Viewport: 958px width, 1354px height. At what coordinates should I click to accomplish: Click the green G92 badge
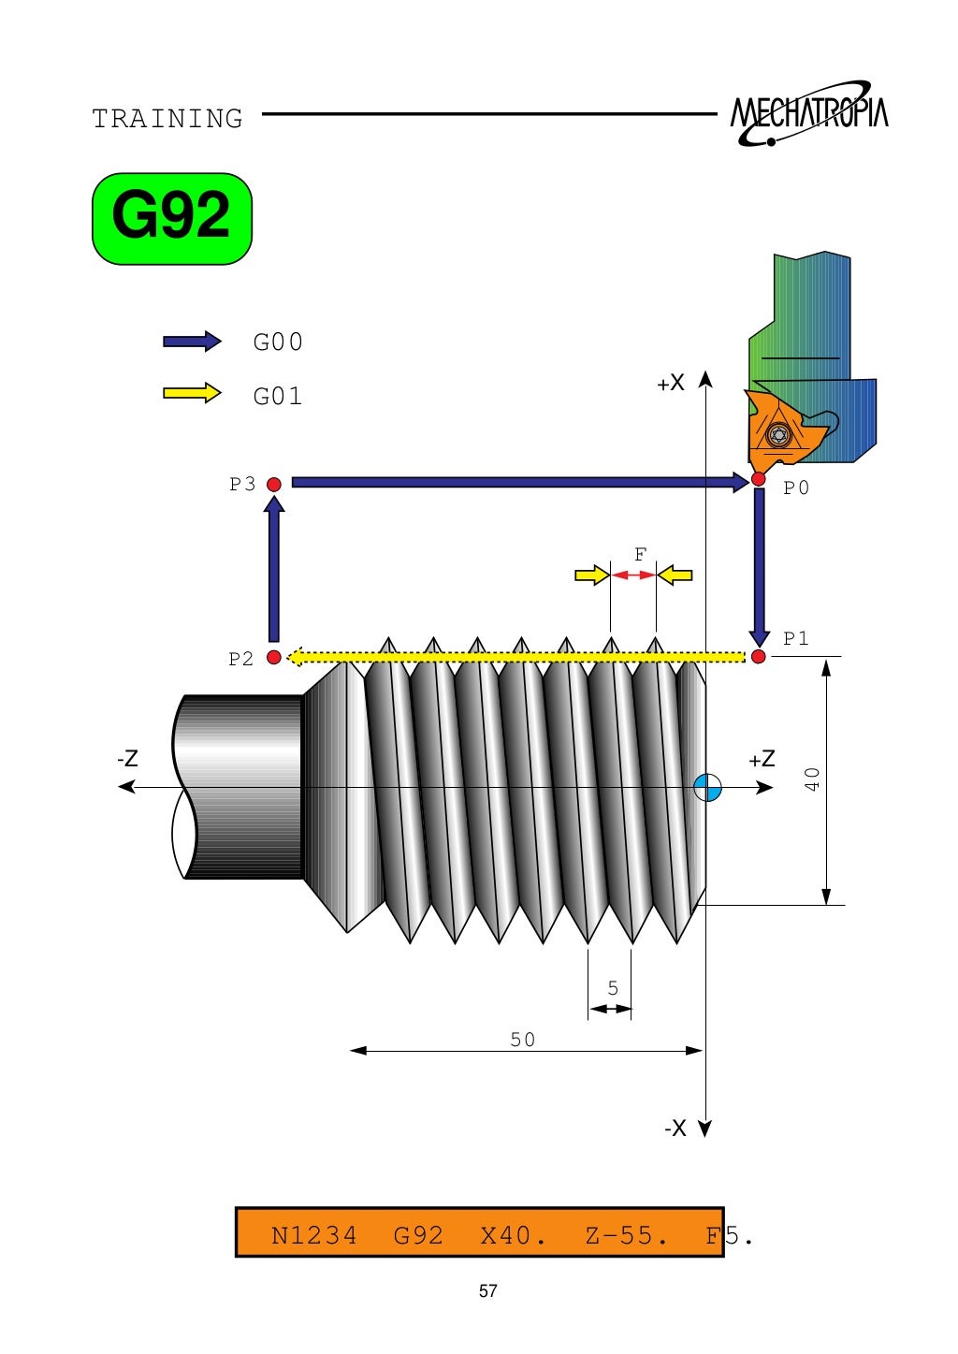(172, 218)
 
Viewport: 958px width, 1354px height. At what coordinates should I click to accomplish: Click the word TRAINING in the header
(167, 119)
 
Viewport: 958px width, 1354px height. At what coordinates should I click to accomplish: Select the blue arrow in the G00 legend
(192, 342)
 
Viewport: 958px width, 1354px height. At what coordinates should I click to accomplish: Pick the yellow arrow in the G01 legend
(192, 393)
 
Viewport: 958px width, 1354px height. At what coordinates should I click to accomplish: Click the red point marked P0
(758, 480)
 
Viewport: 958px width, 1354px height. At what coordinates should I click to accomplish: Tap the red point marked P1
(758, 657)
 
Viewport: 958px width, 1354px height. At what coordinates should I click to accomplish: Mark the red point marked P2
(274, 658)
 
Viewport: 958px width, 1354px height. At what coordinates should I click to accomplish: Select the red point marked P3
(274, 484)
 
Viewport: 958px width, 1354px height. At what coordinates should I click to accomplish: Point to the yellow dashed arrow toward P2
(515, 658)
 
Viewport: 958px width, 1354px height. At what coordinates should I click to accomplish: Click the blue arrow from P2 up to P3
(274, 571)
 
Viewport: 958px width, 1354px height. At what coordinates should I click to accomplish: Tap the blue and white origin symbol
(708, 788)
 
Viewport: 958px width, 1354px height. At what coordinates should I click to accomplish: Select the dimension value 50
(523, 1040)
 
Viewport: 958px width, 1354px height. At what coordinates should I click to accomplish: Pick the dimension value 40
(812, 779)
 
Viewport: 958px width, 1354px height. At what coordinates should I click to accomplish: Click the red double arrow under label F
(633, 575)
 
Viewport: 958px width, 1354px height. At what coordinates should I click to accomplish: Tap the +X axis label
(671, 383)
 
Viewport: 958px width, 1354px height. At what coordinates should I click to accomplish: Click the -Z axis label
(128, 759)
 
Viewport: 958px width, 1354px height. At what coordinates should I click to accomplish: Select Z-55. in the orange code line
(626, 1236)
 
